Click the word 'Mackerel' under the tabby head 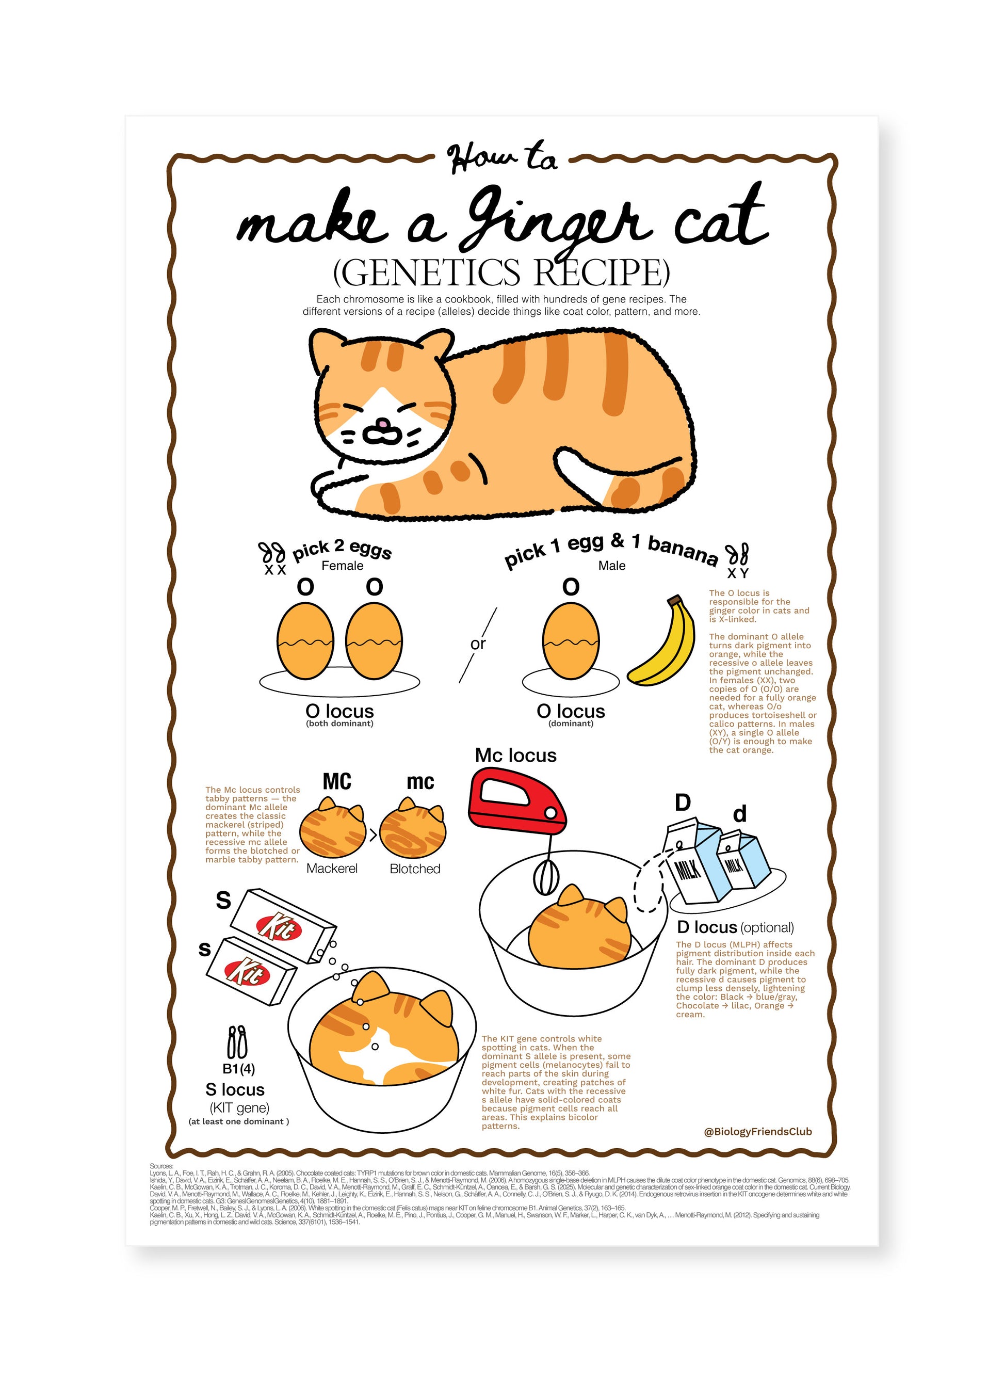pyautogui.click(x=332, y=869)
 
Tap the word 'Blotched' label pyautogui.click(x=415, y=869)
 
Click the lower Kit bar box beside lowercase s pyautogui.click(x=251, y=972)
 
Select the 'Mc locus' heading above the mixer pyautogui.click(x=516, y=756)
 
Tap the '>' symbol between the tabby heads pyautogui.click(x=373, y=836)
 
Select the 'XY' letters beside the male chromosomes pyautogui.click(x=737, y=573)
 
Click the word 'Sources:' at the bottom pyautogui.click(x=161, y=1166)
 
